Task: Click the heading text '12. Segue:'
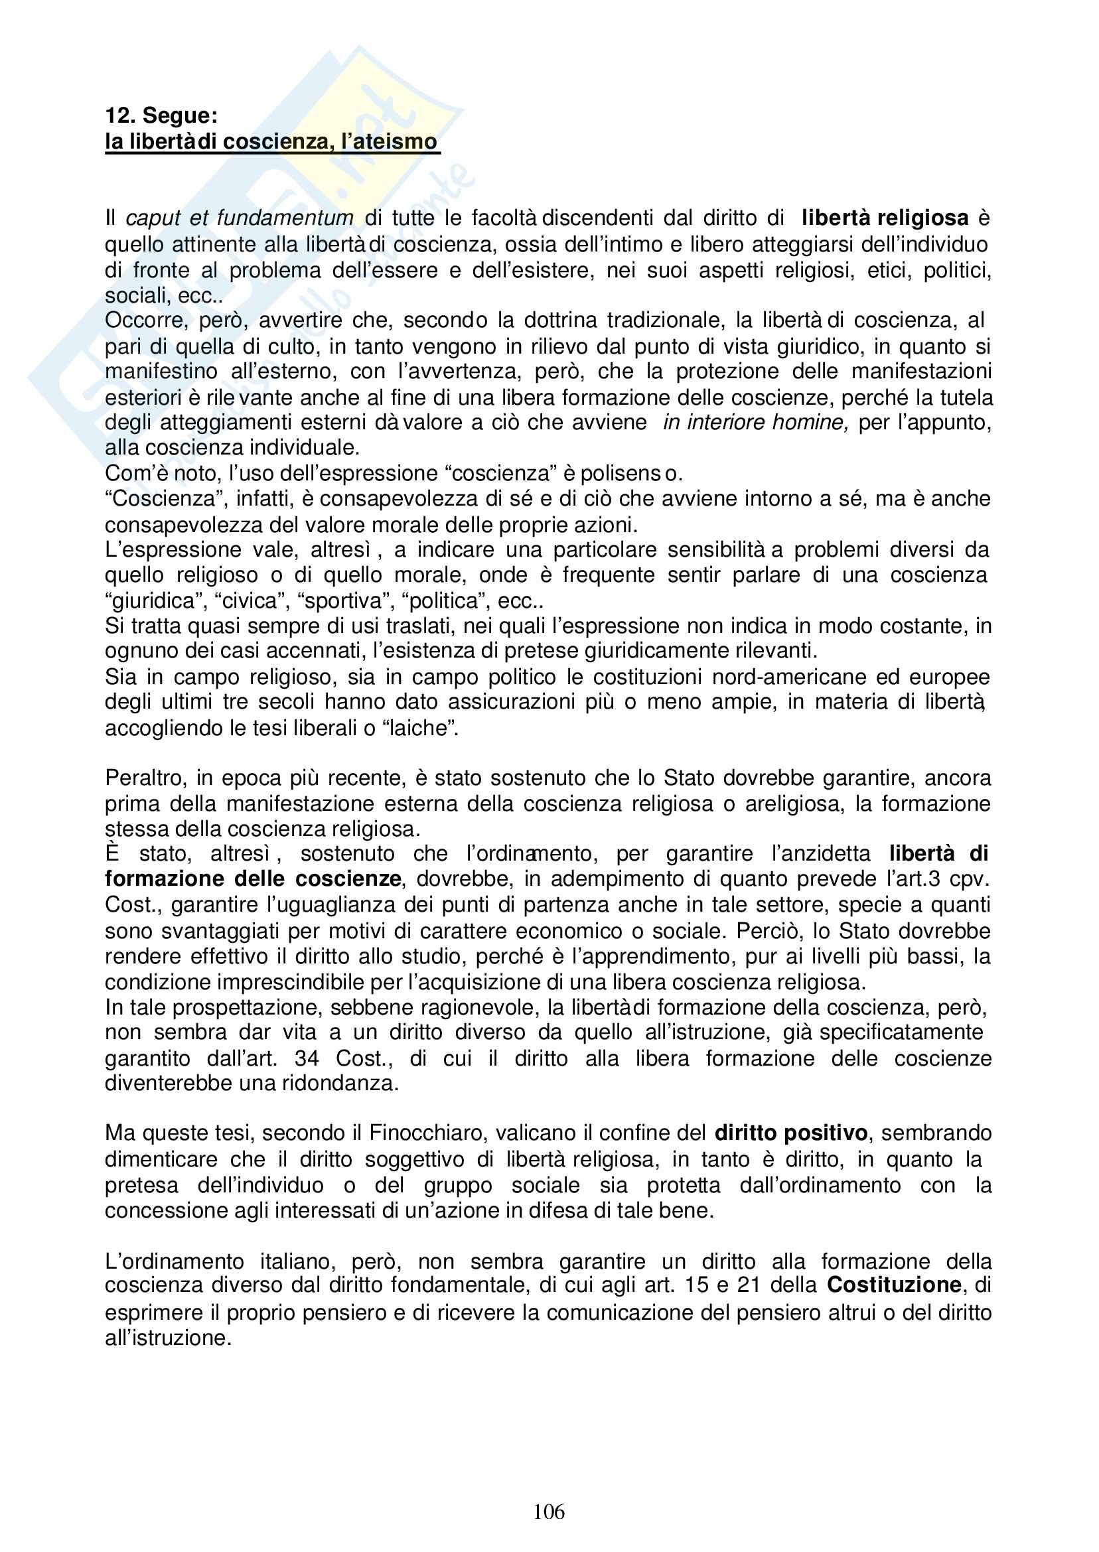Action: [161, 115]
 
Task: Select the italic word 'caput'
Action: [153, 218]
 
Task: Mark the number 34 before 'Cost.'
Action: [307, 1058]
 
